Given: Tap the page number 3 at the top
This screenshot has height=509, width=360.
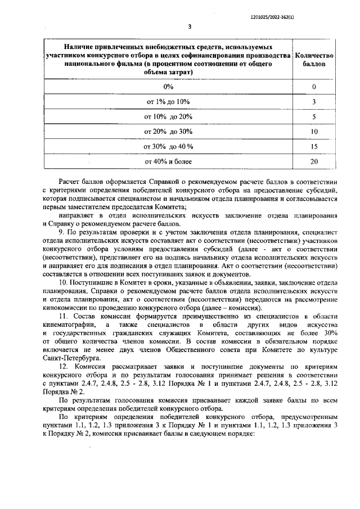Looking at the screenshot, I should click(190, 26).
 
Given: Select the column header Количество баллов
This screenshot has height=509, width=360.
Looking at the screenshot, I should click(314, 60).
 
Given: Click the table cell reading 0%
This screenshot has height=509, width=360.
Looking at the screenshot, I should click(168, 87).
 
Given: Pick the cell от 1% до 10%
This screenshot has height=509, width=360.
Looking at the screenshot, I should click(168, 102).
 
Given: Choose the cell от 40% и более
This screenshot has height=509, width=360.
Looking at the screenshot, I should click(168, 162).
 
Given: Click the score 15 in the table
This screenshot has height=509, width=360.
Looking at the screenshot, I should click(314, 147).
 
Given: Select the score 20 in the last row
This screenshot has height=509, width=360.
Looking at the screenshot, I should click(314, 162).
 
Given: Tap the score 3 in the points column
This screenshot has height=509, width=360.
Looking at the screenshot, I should click(314, 102).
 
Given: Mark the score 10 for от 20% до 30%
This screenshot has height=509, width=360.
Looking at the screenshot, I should click(314, 132).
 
